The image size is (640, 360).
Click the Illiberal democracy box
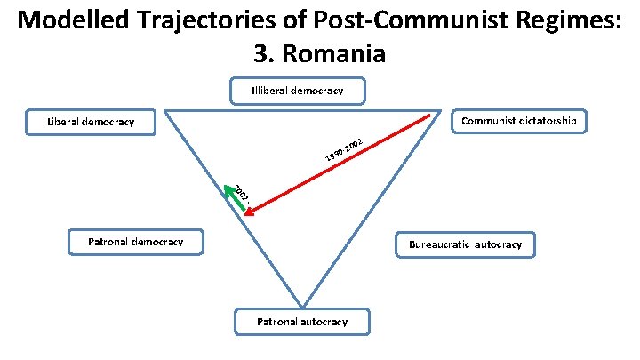[297, 90]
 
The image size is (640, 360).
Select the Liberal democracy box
[91, 122]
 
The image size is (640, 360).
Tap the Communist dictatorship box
[519, 121]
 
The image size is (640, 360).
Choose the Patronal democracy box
[135, 241]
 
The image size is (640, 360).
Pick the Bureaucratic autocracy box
[465, 244]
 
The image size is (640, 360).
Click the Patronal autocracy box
[302, 321]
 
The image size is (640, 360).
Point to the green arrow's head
[228, 188]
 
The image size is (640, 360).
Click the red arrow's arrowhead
[248, 212]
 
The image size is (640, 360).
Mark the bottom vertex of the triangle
[302, 306]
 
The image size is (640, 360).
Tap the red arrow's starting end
[430, 116]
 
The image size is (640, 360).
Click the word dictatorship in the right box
[548, 121]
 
